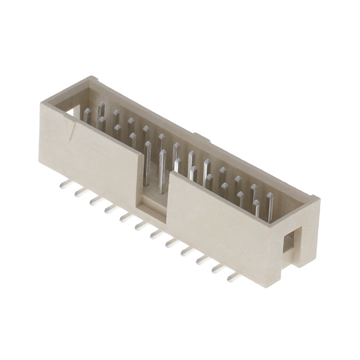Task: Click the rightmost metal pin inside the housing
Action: coord(270,205)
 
